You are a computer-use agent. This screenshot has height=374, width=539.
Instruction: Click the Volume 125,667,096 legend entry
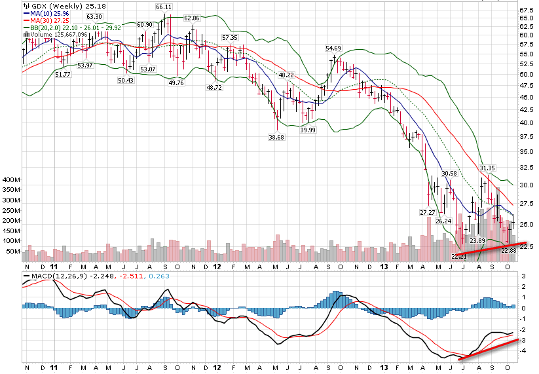coord(55,34)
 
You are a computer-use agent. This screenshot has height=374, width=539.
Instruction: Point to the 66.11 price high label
coord(163,7)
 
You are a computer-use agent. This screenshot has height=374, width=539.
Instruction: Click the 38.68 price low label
coord(276,138)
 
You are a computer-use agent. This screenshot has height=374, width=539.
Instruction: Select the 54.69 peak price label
coord(333,48)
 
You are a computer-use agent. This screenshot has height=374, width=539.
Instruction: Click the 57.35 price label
coord(229,38)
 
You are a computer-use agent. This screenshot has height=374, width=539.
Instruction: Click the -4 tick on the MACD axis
coord(523,350)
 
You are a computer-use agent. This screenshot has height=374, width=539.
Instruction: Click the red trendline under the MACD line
coord(491,348)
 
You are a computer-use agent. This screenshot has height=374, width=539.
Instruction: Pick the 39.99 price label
coord(307,130)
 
